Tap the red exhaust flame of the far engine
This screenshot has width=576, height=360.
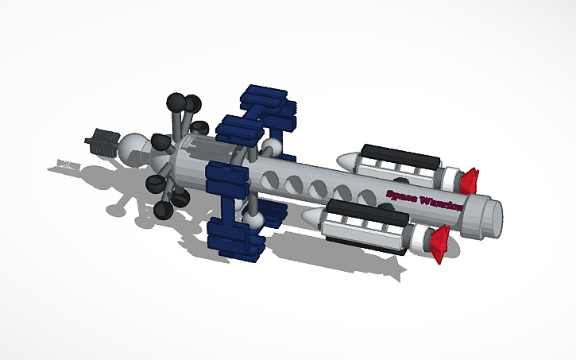(x=469, y=180)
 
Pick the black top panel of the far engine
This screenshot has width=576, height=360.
(x=400, y=155)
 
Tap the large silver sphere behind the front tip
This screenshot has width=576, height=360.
(x=133, y=149)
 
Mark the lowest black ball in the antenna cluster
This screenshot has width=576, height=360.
(x=165, y=210)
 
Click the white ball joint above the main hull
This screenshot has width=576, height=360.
(x=273, y=147)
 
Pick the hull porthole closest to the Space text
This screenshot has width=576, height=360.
(x=368, y=196)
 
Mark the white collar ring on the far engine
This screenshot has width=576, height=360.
(x=450, y=176)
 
